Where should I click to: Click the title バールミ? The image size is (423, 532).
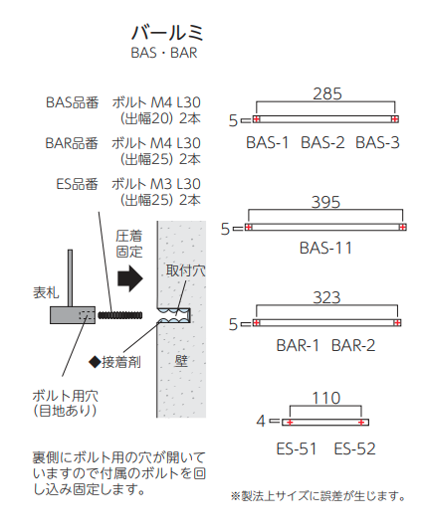coord(167,33)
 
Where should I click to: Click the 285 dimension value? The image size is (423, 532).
coord(327,93)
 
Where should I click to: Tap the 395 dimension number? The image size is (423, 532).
coord(325,202)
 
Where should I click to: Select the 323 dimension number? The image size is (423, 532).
coord(326,297)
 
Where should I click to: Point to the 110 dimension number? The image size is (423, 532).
coord(326,398)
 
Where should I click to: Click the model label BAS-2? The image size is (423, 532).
coord(322,142)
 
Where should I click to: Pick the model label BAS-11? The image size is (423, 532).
coord(325,248)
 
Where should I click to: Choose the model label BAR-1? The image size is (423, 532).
coord(298,346)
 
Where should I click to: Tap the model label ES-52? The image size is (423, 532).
coord(354,448)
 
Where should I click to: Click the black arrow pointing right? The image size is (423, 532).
coord(130,278)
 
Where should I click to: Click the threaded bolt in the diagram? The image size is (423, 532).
coord(120,315)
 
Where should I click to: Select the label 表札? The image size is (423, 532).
coord(46,292)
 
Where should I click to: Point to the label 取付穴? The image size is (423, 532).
coord(186,270)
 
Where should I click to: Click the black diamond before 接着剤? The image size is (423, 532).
coord(95,362)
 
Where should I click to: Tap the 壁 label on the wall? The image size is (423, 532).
coord(181,361)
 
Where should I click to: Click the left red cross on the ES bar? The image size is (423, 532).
coord(290,423)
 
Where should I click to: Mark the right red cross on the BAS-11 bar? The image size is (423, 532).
coord(403,227)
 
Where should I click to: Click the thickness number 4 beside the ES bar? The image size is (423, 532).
coord(261,421)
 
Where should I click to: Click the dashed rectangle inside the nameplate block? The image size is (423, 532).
coord(87,315)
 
